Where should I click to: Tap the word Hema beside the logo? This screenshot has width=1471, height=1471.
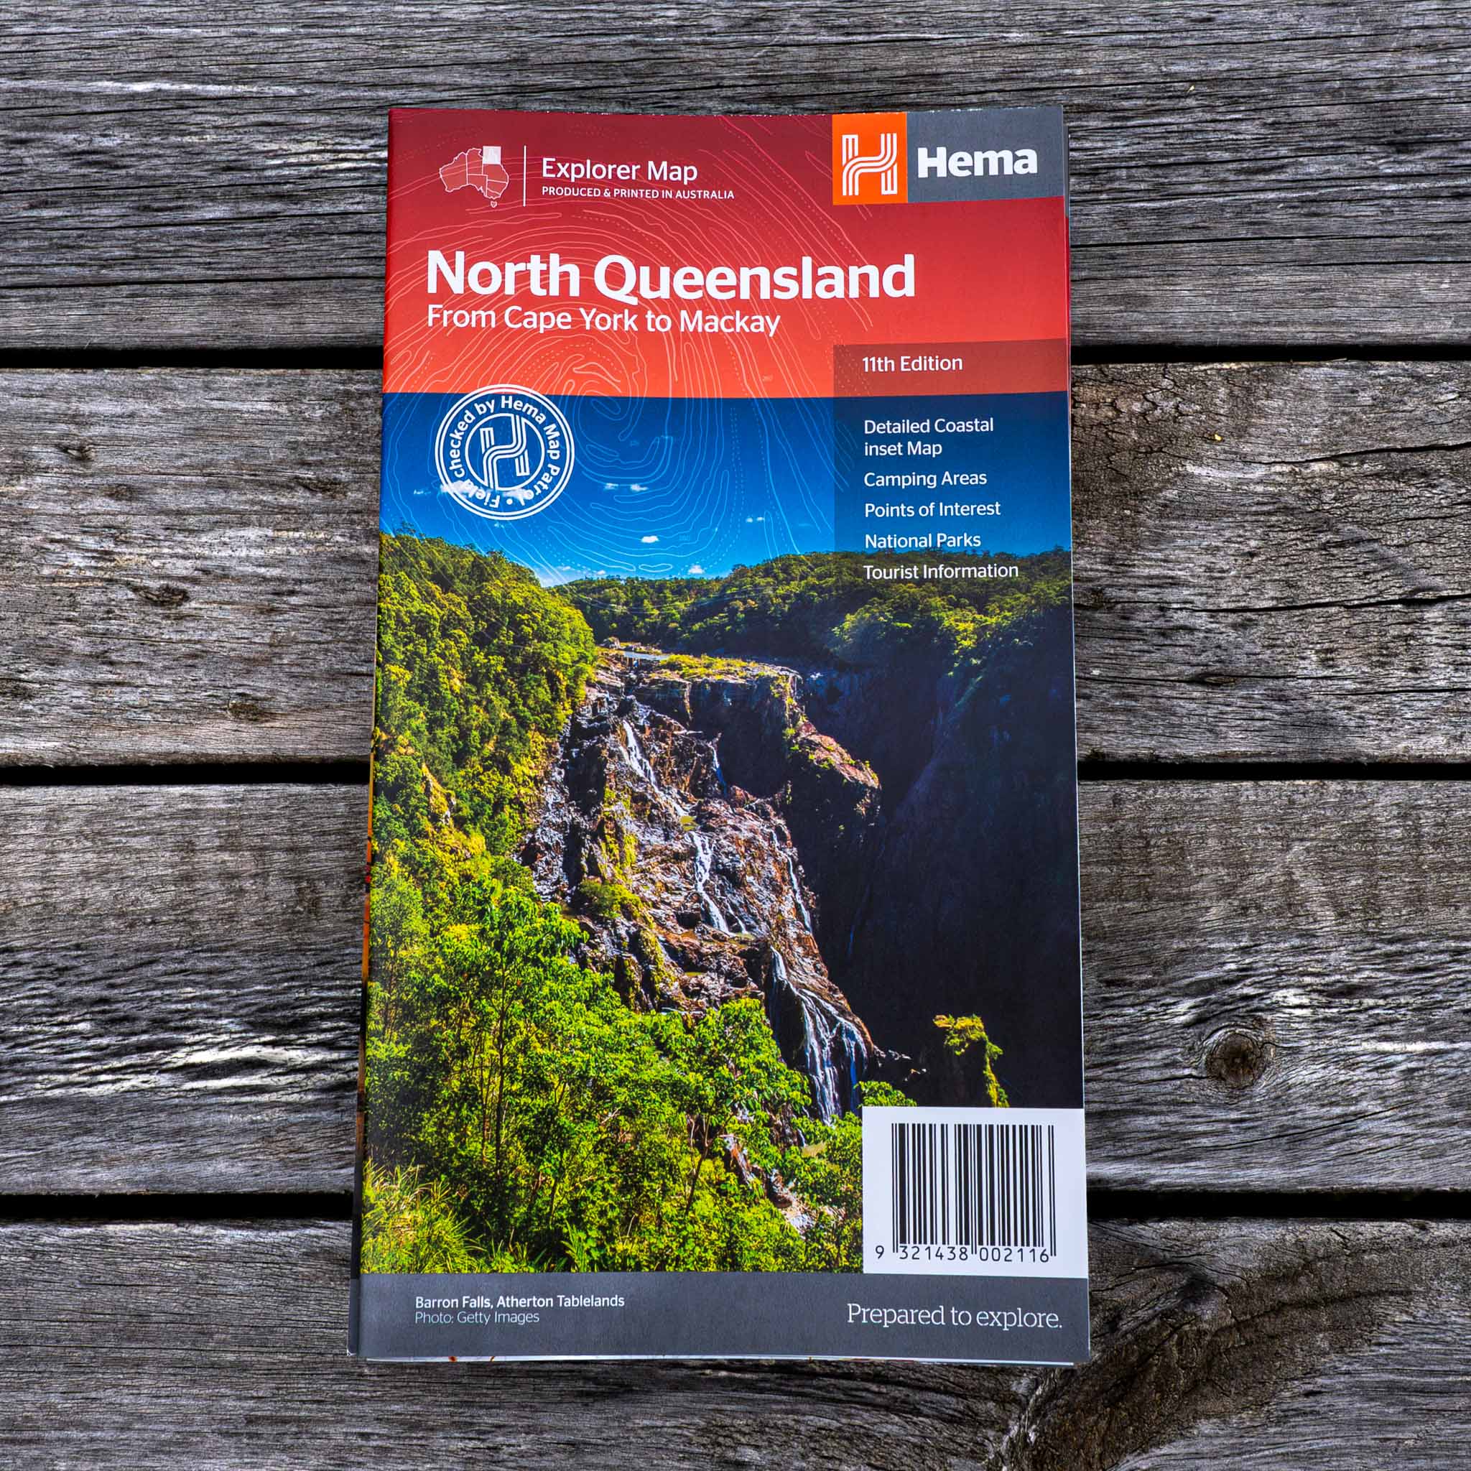pyautogui.click(x=976, y=162)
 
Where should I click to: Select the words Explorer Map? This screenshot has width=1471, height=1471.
pyautogui.click(x=618, y=169)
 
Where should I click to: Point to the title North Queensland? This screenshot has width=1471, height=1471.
pyautogui.click(x=669, y=276)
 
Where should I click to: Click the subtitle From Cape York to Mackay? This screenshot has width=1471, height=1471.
pyautogui.click(x=603, y=320)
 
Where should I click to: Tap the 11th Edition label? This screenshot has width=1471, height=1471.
pyautogui.click(x=911, y=364)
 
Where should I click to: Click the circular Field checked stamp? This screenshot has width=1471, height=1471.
pyautogui.click(x=504, y=455)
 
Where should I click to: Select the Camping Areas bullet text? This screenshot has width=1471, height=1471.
pyautogui.click(x=924, y=479)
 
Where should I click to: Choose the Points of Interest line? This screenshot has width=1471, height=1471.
pyautogui.click(x=932, y=509)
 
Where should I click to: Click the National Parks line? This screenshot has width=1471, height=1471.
pyautogui.click(x=922, y=541)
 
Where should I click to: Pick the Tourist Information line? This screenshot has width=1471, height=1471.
pyautogui.click(x=940, y=571)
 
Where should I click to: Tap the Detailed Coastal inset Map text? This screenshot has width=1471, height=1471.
pyautogui.click(x=927, y=437)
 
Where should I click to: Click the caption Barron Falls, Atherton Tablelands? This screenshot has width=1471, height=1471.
pyautogui.click(x=519, y=1301)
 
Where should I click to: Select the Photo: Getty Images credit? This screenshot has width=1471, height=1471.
pyautogui.click(x=477, y=1317)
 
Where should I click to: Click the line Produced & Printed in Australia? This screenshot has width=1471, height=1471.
pyautogui.click(x=637, y=193)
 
